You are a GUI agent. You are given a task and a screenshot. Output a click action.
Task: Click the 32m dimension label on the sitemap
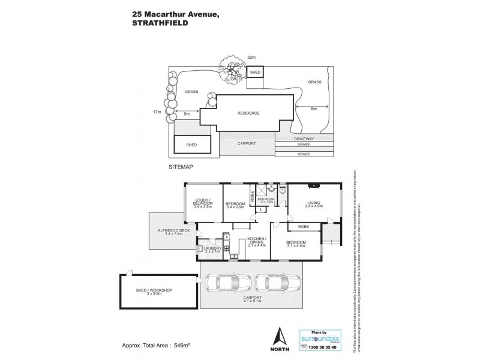click(251, 58)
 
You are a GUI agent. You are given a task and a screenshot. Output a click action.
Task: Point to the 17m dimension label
click(158, 112)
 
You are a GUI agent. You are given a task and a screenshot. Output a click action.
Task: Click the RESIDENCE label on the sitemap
click(248, 113)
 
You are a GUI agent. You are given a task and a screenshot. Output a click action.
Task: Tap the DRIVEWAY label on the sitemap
click(304, 139)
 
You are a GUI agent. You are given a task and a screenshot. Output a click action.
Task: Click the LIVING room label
click(314, 203)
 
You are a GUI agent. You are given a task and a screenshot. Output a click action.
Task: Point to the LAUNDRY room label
click(213, 249)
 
